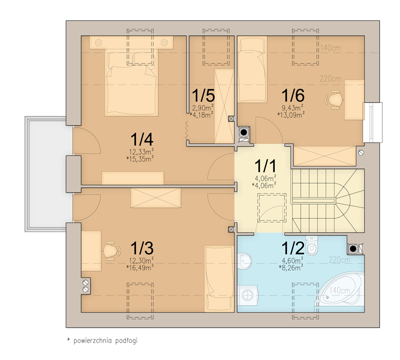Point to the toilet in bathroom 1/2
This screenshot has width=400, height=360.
(x=312, y=245)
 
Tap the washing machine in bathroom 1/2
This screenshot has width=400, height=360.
(x=248, y=295)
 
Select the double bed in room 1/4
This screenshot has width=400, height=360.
(x=130, y=82)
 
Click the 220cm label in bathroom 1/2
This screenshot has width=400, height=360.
(x=338, y=260)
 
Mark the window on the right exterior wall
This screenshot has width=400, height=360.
(x=372, y=122)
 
